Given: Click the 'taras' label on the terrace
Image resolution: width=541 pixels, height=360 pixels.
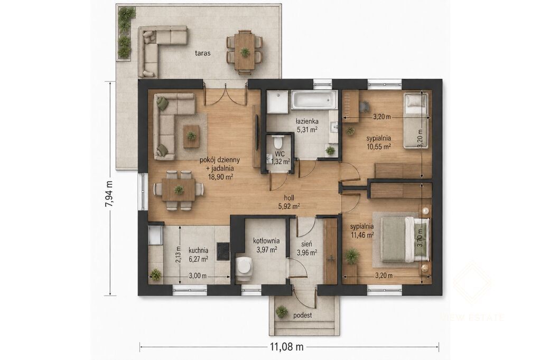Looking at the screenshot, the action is pyautogui.click(x=202, y=53).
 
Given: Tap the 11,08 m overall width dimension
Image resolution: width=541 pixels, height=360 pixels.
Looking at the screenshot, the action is pyautogui.click(x=287, y=347).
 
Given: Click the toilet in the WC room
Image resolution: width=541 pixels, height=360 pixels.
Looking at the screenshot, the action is pyautogui.click(x=277, y=141).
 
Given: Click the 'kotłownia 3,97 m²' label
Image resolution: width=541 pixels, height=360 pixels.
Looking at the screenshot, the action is pyautogui.click(x=266, y=245).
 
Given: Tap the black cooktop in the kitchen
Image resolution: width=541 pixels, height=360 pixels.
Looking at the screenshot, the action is pyautogui.click(x=223, y=251).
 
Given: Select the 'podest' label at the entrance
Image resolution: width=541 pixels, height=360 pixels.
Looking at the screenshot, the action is pyautogui.click(x=303, y=315).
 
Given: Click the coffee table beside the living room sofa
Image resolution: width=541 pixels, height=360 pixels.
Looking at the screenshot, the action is pyautogui.click(x=191, y=137).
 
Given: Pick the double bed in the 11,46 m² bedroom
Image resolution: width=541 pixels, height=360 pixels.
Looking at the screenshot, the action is pyautogui.click(x=405, y=240).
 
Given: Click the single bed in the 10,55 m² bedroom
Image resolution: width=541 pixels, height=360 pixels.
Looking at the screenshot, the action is pyautogui.click(x=416, y=120).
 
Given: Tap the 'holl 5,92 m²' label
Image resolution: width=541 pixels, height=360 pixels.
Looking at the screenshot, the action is pyautogui.click(x=289, y=202).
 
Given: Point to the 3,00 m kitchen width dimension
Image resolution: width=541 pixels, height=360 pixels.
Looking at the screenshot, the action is pyautogui.click(x=198, y=276).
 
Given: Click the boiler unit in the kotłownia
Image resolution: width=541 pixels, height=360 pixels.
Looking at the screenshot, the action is pyautogui.click(x=245, y=265).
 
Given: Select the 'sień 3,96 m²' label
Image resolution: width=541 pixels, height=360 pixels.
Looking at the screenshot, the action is pyautogui.click(x=307, y=249).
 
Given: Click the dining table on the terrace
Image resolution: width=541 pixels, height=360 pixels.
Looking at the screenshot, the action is pyautogui.click(x=245, y=52).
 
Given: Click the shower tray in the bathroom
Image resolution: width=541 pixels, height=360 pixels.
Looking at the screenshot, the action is pyautogui.click(x=277, y=102).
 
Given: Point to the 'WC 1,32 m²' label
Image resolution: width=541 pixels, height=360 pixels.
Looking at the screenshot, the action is pyautogui.click(x=280, y=157).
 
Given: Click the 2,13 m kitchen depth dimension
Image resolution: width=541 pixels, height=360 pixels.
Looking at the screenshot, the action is pyautogui.click(x=178, y=254).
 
